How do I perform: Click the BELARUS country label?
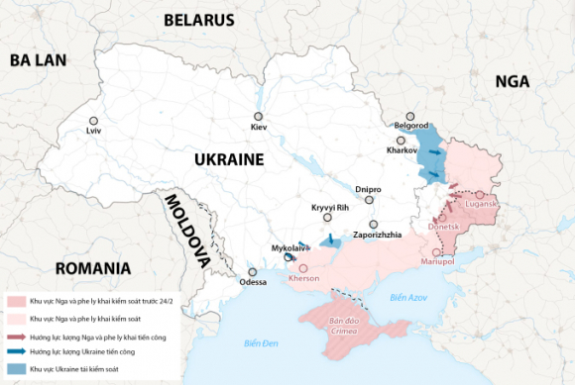point(198,20)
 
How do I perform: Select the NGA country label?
point(513,81)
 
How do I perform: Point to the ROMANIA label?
point(93,268)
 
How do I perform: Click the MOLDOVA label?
point(184,231)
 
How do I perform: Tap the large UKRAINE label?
point(228,159)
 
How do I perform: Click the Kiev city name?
point(259,128)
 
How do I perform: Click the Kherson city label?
point(303,279)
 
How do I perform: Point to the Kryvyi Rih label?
point(330,207)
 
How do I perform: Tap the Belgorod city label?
point(410,127)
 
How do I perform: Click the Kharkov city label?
point(402,151)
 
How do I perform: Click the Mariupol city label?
point(437,262)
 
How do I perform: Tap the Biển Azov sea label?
point(407,297)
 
